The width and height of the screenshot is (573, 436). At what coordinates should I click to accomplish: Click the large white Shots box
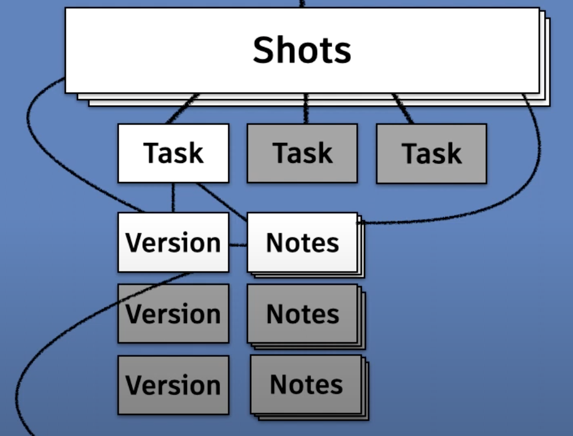click(302, 50)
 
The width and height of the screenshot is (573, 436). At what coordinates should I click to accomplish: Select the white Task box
click(173, 153)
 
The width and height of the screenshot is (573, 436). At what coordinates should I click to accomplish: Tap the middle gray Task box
click(302, 153)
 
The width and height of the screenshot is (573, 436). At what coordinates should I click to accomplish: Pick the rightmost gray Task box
click(431, 153)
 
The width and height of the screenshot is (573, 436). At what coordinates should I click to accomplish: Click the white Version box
click(173, 243)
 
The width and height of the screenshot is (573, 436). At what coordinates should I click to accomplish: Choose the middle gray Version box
click(173, 314)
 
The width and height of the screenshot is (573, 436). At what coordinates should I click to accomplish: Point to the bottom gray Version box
click(173, 385)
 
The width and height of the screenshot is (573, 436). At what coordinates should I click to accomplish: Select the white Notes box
click(302, 243)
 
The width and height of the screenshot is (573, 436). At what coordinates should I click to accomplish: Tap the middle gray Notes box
click(302, 314)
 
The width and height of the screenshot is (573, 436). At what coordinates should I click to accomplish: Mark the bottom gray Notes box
click(306, 385)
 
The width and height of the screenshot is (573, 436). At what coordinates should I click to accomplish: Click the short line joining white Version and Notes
click(238, 245)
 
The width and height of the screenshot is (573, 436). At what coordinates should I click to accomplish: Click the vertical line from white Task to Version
click(173, 197)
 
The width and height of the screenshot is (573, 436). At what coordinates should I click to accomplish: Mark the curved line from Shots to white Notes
click(537, 163)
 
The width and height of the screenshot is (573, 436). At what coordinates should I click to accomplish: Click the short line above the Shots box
click(302, 3)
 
